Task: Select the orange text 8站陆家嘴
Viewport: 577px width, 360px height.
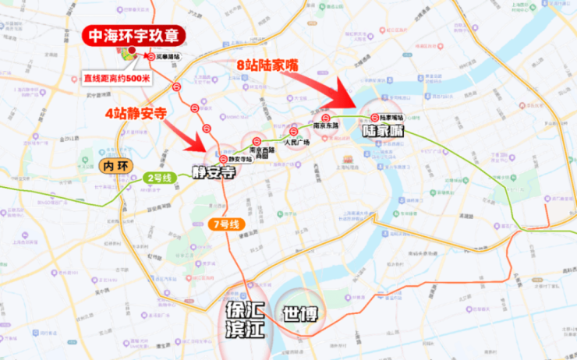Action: click(x=267, y=66)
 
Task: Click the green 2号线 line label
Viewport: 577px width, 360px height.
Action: click(x=161, y=177)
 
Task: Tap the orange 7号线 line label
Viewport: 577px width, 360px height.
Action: click(x=228, y=224)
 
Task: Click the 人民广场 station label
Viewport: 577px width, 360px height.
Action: click(x=296, y=143)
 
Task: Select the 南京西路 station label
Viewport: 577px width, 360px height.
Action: click(x=258, y=151)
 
